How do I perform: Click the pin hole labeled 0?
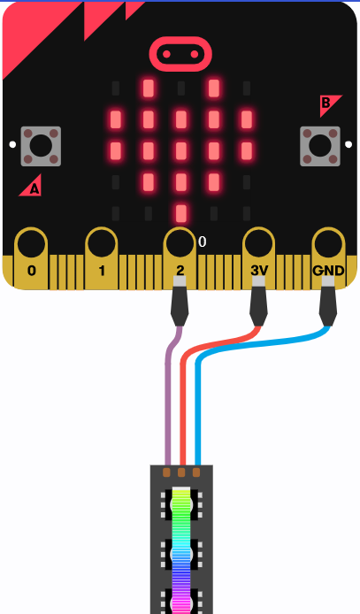[x=31, y=243]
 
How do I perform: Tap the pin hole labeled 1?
[x=102, y=243]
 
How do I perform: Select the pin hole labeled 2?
[x=180, y=243]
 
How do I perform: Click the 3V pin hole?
[x=258, y=243]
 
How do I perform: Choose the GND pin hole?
[x=328, y=243]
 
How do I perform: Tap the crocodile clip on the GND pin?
[x=328, y=301]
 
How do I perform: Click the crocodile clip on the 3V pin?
[x=258, y=301]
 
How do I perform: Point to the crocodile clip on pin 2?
[x=180, y=301]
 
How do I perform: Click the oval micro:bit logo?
[x=180, y=54]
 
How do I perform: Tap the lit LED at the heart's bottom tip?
[x=180, y=213]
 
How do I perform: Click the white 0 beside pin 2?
[x=202, y=242]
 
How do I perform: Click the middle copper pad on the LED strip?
[x=181, y=472]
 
